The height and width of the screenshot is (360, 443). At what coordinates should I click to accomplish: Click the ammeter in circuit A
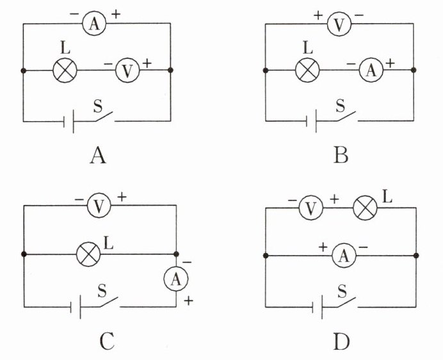point(94,24)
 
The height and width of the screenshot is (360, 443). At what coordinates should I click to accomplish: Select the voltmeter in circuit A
point(127,70)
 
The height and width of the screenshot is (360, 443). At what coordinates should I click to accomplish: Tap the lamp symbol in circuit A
point(65,70)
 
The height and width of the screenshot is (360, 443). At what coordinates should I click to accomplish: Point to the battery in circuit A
point(68,122)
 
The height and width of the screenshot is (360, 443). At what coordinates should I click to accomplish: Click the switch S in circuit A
point(104,117)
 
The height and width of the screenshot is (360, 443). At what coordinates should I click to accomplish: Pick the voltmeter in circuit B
point(339,24)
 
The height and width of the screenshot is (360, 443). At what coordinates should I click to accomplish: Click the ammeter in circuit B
point(371,70)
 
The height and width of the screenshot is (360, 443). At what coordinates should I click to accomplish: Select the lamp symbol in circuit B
point(307,70)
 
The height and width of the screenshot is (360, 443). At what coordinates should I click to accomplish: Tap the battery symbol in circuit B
point(311,121)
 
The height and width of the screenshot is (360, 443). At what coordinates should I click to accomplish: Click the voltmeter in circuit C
point(99,206)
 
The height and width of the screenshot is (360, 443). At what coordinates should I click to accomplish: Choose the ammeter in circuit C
point(176,279)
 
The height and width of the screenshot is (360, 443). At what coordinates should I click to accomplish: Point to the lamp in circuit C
point(88,254)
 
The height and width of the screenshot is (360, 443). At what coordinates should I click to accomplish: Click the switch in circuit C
point(109,302)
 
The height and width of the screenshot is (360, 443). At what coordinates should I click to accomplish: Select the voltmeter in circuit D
point(310,208)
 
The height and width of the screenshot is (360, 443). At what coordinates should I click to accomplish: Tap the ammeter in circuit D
point(344,256)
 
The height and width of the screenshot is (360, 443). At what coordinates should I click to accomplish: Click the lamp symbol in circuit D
point(365,208)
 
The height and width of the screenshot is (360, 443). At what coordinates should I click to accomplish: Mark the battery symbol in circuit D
point(318,307)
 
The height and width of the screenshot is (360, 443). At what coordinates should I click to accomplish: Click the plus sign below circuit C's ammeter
point(188,300)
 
